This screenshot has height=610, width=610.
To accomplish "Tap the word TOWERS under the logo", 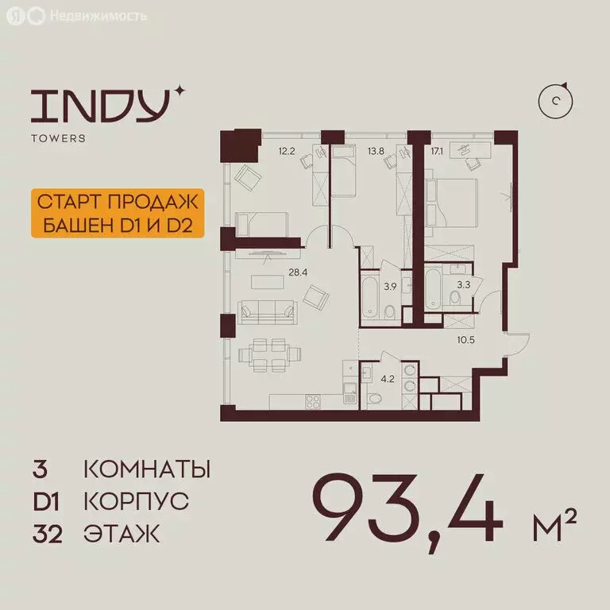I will tap(59, 138).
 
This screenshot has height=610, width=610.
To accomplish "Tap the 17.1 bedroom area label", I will tap(438, 149).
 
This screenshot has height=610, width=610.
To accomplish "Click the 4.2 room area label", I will tap(388, 378).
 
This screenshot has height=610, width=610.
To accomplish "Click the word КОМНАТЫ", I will tap(147, 469).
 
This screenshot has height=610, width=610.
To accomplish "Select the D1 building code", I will tap(46, 501).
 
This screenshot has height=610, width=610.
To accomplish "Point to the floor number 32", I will tap(47, 534).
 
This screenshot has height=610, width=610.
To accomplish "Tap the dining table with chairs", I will tap(271, 354).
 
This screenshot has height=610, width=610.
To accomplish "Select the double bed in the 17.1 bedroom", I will tap(452, 208).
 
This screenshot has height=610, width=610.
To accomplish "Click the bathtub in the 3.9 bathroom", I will tap(371, 295).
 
